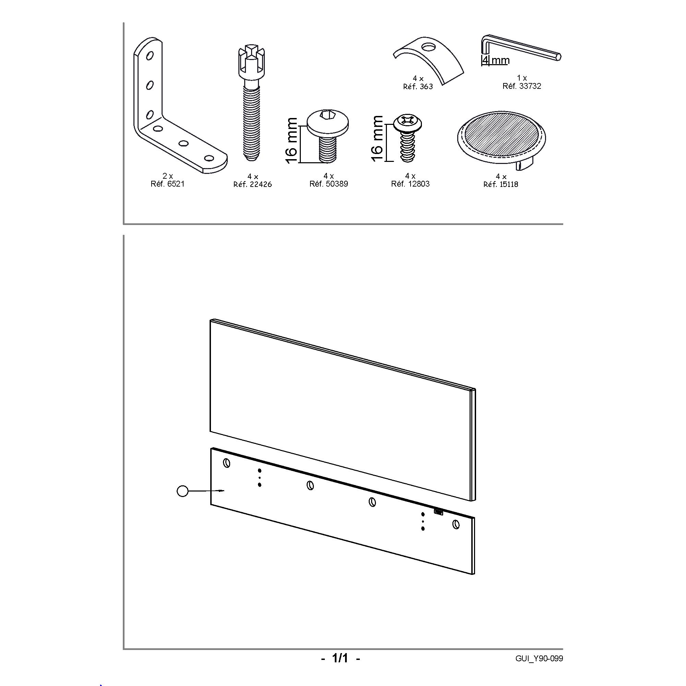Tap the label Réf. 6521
[168, 184]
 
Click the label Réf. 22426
[252, 184]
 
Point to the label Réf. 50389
[329, 184]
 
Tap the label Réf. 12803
[411, 184]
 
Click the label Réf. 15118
[501, 184]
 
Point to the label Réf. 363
[418, 87]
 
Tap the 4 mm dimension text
[496, 60]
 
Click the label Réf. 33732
[522, 86]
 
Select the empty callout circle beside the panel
[182, 492]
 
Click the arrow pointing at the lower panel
[206, 491]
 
